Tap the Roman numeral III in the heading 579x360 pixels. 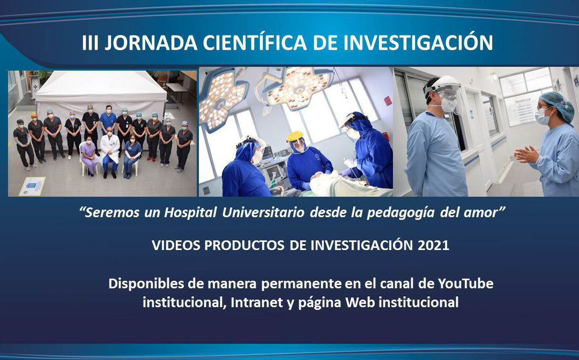[91, 43]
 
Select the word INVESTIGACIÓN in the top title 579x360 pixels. [418, 43]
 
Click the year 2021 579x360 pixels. [433, 245]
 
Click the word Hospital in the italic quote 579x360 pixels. [188, 213]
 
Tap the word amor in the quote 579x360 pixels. [484, 213]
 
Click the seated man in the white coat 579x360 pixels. [110, 150]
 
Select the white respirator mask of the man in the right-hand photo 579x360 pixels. [448, 104]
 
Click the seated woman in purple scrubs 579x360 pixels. [88, 155]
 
